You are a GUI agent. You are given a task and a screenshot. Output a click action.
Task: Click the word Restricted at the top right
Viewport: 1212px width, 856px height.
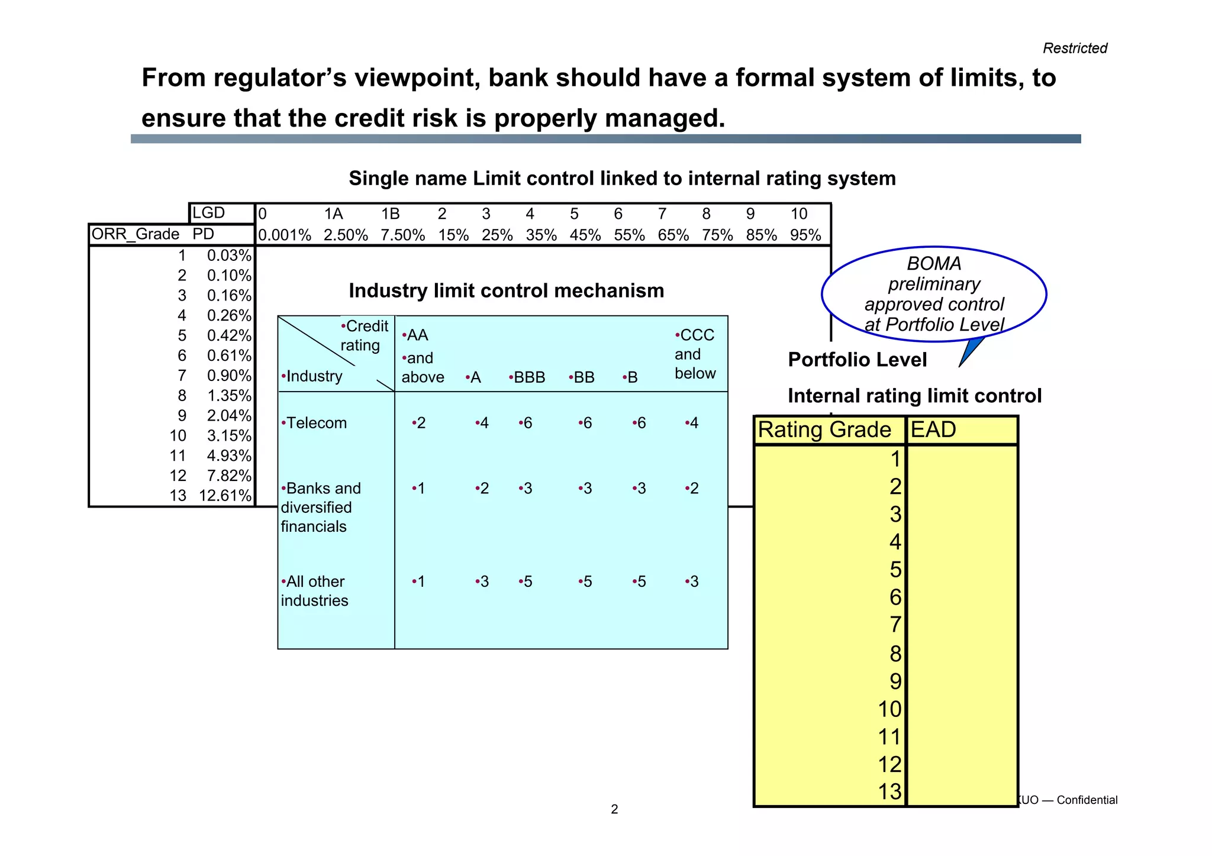pos(1074,49)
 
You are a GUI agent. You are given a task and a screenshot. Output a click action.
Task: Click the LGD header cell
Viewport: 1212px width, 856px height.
pos(209,213)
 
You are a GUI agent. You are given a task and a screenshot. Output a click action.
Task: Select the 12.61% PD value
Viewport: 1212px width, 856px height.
pos(225,496)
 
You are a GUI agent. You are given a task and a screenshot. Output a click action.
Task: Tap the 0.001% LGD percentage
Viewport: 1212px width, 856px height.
pos(285,235)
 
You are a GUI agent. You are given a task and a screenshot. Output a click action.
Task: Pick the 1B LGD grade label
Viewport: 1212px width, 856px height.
pos(391,214)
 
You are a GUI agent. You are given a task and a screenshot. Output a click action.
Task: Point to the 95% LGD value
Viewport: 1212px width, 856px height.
pos(805,235)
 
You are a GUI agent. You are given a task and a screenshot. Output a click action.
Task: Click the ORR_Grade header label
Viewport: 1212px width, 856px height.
pos(136,234)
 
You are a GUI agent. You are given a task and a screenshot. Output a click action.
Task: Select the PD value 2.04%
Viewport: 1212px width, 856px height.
pos(229,416)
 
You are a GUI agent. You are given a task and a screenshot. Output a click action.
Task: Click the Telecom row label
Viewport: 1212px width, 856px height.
pos(315,423)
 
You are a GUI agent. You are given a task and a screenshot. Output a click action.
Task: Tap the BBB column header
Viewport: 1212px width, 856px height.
pos(528,377)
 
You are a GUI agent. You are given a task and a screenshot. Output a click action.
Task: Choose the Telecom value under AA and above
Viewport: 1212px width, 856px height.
pos(420,423)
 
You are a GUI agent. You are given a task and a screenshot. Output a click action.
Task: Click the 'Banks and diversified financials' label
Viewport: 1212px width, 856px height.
pos(320,507)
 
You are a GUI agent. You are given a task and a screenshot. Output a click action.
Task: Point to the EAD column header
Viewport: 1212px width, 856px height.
pos(933,430)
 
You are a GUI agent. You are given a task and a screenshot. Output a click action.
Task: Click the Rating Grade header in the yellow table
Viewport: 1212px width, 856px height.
pos(824,430)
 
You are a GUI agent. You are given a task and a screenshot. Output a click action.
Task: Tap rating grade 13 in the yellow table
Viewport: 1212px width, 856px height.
pos(889,792)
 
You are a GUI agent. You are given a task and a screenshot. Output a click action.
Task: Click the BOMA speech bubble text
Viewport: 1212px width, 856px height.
pos(934,294)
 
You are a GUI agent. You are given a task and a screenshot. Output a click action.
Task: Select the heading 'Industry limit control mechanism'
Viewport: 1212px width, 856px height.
pos(506,291)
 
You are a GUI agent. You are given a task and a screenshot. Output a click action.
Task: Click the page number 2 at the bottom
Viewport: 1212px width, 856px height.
pos(614,809)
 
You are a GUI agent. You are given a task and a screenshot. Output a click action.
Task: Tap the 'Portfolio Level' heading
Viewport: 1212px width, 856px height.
pos(857,360)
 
